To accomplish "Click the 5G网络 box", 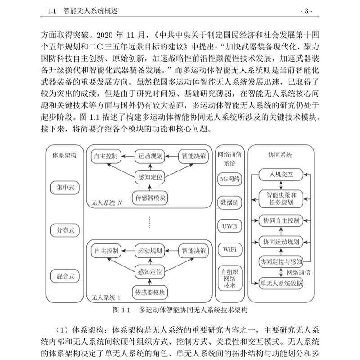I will [x=230, y=178].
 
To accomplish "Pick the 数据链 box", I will [x=230, y=202].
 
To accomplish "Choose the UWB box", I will [x=230, y=225].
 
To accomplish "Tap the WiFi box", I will [x=230, y=249].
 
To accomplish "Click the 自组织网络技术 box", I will [x=230, y=278].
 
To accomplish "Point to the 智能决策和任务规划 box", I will [x=281, y=198].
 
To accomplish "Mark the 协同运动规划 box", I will [x=281, y=241].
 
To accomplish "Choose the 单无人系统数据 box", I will [x=281, y=283].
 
